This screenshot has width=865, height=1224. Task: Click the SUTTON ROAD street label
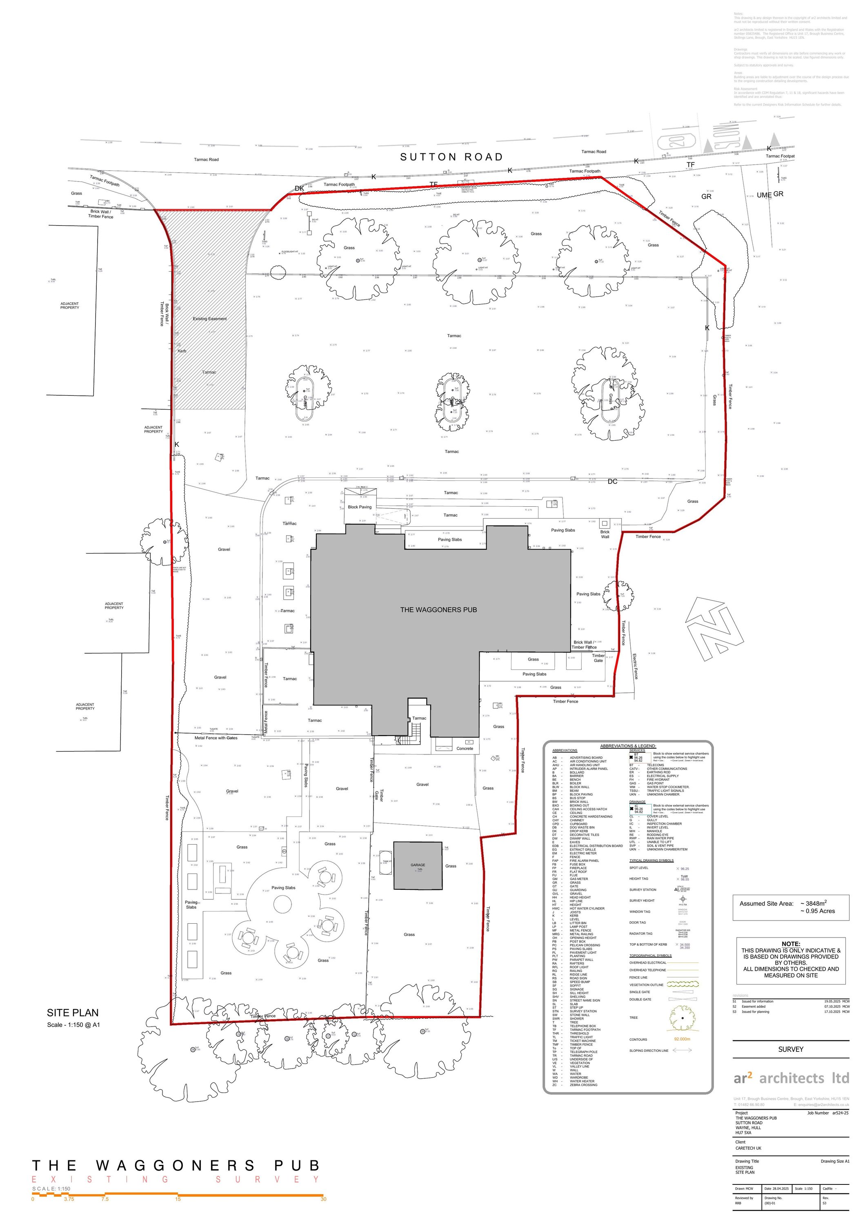click(451, 157)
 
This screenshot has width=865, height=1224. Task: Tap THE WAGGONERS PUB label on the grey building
click(438, 609)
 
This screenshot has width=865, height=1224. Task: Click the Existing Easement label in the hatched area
click(209, 319)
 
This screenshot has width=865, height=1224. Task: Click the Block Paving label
click(360, 507)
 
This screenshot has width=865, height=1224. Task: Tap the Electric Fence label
click(635, 666)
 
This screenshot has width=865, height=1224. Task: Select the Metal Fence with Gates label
click(216, 738)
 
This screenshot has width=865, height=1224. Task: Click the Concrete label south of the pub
click(465, 748)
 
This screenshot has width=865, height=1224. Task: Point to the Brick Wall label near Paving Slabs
click(605, 534)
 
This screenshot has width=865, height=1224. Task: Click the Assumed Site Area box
click(790, 907)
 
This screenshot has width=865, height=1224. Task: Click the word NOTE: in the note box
click(790, 944)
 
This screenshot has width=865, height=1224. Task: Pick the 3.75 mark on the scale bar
click(69, 1200)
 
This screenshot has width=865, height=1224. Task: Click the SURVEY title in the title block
click(790, 1049)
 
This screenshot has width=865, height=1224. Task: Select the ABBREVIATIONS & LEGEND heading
click(628, 746)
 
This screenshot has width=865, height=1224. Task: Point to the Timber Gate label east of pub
click(598, 658)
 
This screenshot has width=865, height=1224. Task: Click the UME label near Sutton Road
click(764, 195)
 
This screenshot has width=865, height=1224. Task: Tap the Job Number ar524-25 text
click(827, 1113)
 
